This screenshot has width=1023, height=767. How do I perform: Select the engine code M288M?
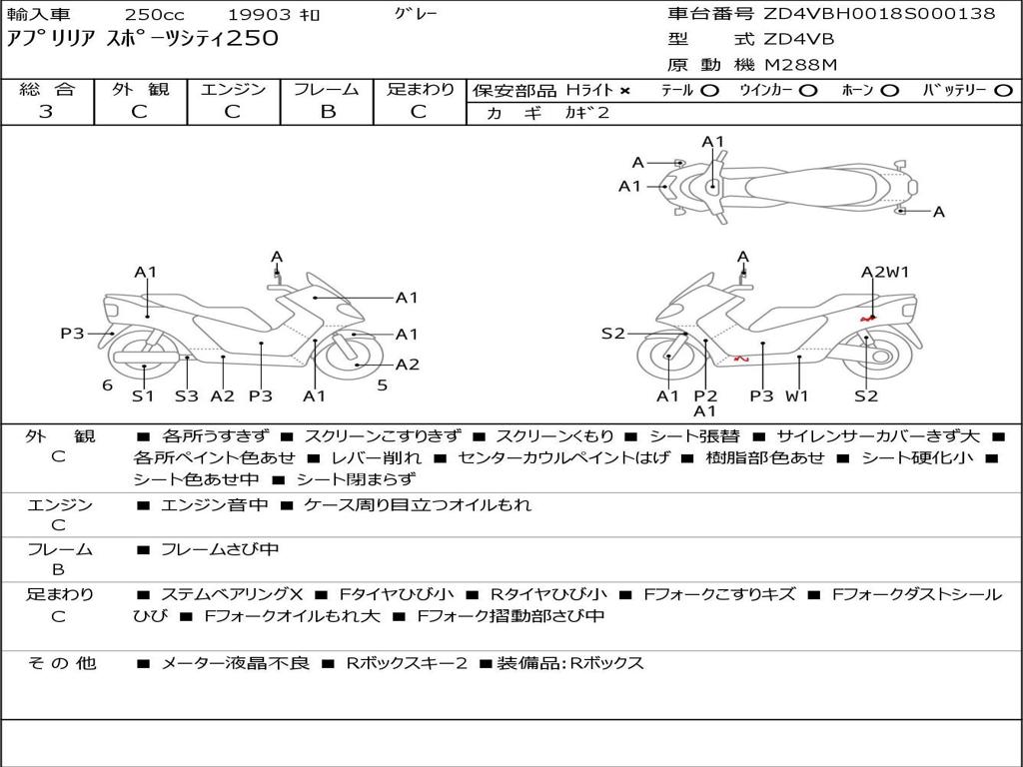(x=800, y=65)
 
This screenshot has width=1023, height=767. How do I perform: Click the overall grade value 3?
(x=46, y=112)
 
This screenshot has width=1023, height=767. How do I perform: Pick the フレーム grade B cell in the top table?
(x=327, y=112)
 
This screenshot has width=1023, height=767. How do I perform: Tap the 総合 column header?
(x=46, y=89)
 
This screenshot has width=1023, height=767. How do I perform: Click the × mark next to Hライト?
(x=625, y=90)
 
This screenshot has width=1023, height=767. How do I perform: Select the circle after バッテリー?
(x=1003, y=90)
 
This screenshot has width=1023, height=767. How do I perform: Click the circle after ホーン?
(x=890, y=90)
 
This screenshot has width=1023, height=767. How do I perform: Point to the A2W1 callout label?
(x=885, y=272)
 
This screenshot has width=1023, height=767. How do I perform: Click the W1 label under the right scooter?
(x=796, y=395)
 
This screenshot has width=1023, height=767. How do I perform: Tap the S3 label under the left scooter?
(x=187, y=395)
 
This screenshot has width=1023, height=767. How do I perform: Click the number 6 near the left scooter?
(x=107, y=384)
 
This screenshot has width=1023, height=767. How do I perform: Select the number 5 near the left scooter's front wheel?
(x=382, y=384)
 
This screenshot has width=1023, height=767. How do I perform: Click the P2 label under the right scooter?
(x=705, y=395)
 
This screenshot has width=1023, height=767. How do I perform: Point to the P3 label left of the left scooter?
(x=72, y=334)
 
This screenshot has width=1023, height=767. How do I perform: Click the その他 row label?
(x=59, y=663)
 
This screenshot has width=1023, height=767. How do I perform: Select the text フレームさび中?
(x=219, y=549)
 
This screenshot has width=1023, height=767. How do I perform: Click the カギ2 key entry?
(x=586, y=113)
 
